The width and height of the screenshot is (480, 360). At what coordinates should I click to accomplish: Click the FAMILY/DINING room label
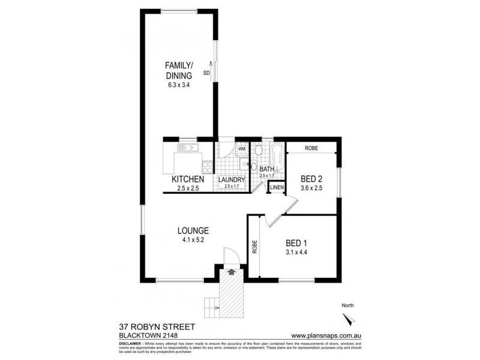pyautogui.click(x=179, y=71)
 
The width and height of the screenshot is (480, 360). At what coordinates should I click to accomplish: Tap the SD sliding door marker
pyautogui.click(x=206, y=73)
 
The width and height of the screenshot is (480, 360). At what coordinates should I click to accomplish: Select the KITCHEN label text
pyautogui.click(x=188, y=179)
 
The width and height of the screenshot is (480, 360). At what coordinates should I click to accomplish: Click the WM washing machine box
pyautogui.click(x=242, y=148)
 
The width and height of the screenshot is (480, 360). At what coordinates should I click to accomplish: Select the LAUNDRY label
pyautogui.click(x=231, y=179)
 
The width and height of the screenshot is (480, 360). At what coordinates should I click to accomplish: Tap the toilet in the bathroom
pyautogui.click(x=253, y=166)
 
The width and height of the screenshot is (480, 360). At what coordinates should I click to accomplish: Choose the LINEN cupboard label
pyautogui.click(x=276, y=188)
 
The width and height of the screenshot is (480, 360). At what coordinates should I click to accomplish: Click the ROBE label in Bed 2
pyautogui.click(x=311, y=148)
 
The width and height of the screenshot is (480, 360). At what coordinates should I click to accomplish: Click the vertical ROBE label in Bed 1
pyautogui.click(x=254, y=246)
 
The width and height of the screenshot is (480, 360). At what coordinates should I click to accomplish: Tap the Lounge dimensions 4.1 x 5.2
pyautogui.click(x=193, y=240)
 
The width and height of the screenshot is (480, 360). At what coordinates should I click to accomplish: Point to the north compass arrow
pyautogui.click(x=352, y=318)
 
